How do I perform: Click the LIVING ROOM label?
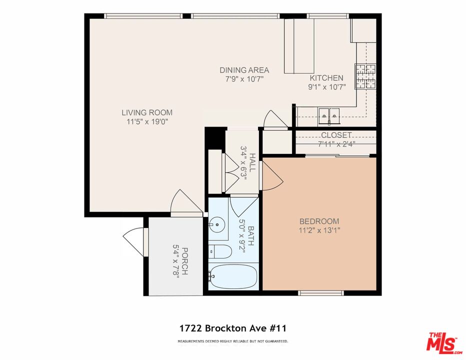pyautogui.click(x=147, y=112)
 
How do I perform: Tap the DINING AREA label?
pyautogui.click(x=244, y=70)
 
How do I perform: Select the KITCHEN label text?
pyautogui.click(x=326, y=78)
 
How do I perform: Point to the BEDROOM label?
pyautogui.click(x=319, y=221)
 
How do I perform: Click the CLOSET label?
pyautogui.click(x=336, y=135)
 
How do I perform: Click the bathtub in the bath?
pyautogui.click(x=233, y=276)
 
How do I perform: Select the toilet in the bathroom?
pyautogui.click(x=220, y=252)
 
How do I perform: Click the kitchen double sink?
pyautogui.click(x=329, y=115)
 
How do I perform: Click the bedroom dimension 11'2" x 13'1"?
pyautogui.click(x=319, y=230)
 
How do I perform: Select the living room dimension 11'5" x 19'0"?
pyautogui.click(x=147, y=121)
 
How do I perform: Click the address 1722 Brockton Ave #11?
pyautogui.click(x=232, y=328)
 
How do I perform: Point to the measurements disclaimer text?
pyautogui.click(x=232, y=341)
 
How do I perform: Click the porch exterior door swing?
pyautogui.click(x=133, y=242)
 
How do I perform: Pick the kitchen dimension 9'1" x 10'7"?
pyautogui.click(x=326, y=87)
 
